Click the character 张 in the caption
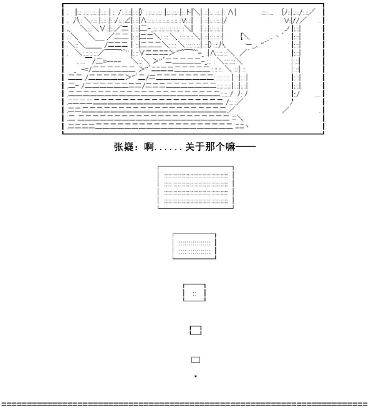(119, 147)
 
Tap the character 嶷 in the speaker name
(129, 147)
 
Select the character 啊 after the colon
(149, 147)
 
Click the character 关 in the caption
(190, 147)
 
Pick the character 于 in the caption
(200, 147)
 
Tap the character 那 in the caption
(210, 147)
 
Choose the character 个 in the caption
(221, 147)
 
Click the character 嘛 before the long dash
(231, 147)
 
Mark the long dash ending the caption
(246, 147)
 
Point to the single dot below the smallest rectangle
(196, 376)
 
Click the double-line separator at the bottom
(187, 404)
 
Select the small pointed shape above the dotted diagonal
(245, 37)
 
